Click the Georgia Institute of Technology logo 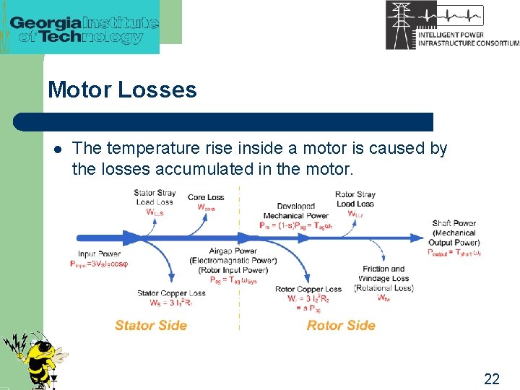(84, 28)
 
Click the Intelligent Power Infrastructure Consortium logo (451, 25)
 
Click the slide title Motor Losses (122, 90)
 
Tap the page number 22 (492, 379)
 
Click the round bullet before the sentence (58, 149)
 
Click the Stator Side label (150, 325)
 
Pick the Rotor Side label (341, 325)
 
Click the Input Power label (99, 254)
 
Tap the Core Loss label (206, 197)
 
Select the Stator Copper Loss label (171, 293)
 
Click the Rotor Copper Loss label (308, 289)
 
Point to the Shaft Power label (454, 224)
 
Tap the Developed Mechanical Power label (295, 211)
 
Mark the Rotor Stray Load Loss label (355, 199)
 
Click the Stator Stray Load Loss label (154, 197)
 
